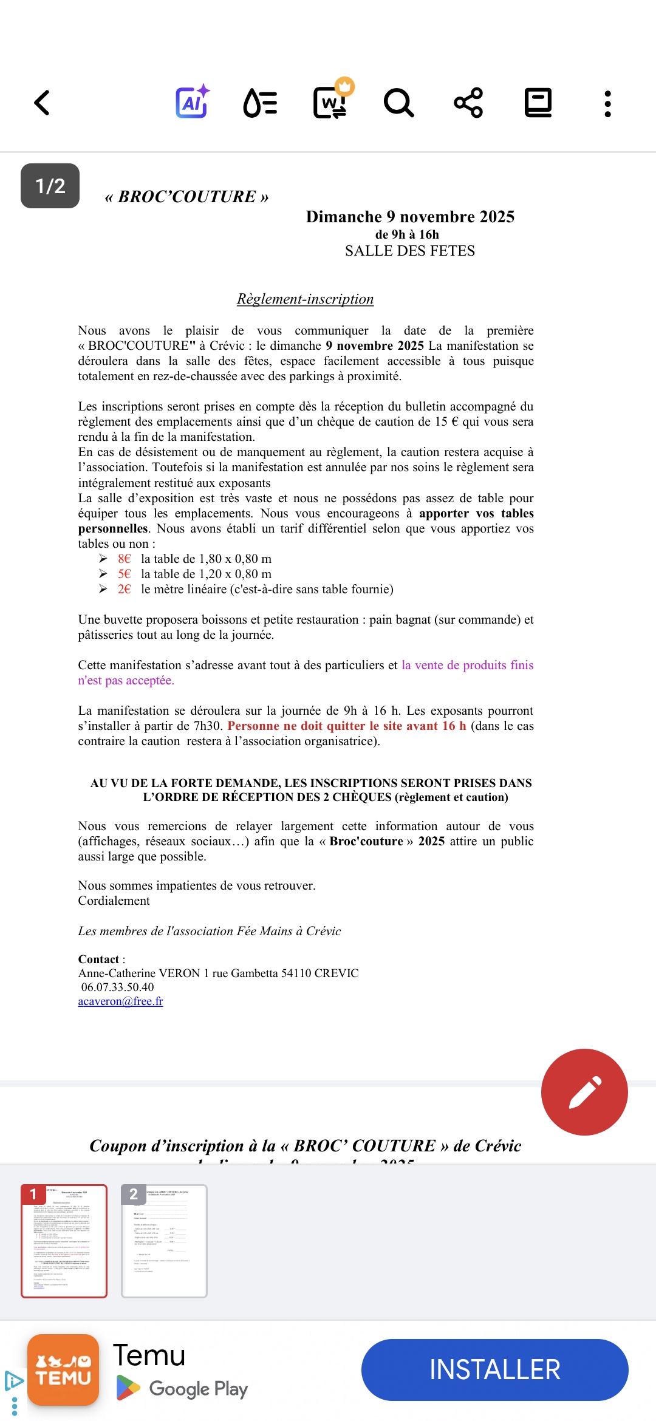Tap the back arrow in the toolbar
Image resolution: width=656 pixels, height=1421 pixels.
(41, 103)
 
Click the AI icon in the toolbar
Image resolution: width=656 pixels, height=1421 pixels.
(193, 102)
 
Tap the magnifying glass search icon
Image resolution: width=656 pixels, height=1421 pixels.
(398, 103)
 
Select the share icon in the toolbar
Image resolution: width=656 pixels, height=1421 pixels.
(468, 103)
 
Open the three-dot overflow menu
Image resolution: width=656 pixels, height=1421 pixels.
(607, 104)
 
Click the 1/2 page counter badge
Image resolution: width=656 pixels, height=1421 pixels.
(50, 186)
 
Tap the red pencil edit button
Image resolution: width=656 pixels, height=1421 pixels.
(584, 1092)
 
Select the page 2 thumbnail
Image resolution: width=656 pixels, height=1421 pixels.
(164, 1241)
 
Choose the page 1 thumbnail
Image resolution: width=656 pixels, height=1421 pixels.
(64, 1241)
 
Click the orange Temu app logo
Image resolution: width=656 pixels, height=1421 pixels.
(63, 1370)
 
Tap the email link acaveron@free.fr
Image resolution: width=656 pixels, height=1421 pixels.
(120, 1001)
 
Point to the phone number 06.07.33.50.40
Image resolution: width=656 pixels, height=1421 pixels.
(117, 987)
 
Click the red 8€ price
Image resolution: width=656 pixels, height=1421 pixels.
(125, 559)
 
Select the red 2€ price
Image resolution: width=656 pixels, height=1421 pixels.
(125, 589)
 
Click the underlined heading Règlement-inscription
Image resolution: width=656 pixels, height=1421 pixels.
(305, 299)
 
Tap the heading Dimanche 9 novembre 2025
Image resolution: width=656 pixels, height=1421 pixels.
(410, 217)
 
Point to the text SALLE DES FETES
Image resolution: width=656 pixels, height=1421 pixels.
(410, 251)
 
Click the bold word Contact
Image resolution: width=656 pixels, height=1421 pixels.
(98, 959)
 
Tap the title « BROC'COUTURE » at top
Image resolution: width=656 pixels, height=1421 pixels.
(186, 197)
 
